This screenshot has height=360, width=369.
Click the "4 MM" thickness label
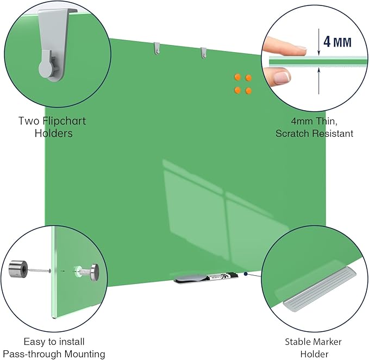337,42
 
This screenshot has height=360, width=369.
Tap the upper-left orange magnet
237,77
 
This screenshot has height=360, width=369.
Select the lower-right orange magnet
248,91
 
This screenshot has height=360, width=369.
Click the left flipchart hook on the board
157,48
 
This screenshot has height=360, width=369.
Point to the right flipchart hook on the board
203,53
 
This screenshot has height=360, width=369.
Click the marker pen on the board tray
222,276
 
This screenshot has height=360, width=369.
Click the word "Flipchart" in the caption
64,121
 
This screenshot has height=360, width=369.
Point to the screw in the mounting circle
40,270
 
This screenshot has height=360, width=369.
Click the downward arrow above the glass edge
318,42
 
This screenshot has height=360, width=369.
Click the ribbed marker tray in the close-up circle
320,289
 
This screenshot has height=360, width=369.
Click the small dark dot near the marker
246,274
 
